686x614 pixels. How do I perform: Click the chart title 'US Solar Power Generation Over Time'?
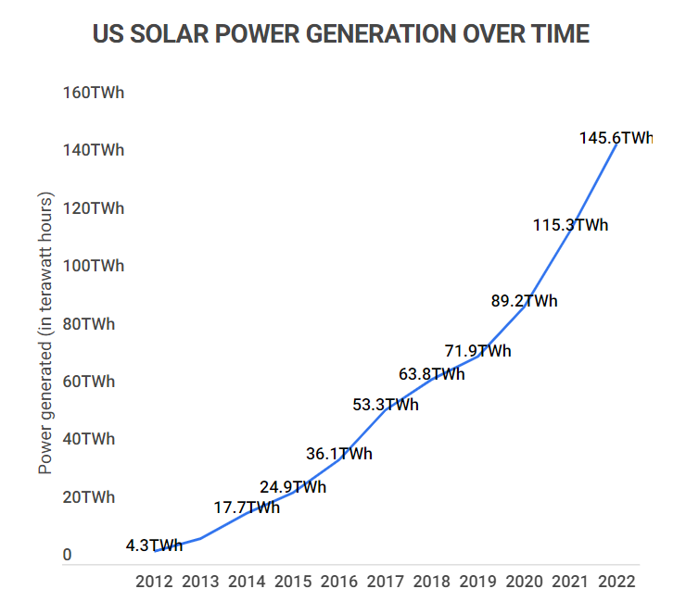tap(341, 34)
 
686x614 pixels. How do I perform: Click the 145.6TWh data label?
tap(616, 138)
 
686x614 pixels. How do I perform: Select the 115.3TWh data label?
tap(570, 225)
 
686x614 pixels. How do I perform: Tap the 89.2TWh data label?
tap(524, 301)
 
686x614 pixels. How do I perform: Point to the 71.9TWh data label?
tap(477, 351)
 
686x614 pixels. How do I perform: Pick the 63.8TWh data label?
tap(431, 374)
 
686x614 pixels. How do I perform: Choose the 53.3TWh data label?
tap(385, 405)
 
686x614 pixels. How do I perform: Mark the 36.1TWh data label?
tap(338, 454)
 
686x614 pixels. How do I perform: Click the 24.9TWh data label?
tap(292, 487)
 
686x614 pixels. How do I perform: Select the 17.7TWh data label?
tap(246, 507)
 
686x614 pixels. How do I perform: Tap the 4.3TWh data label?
tap(154, 545)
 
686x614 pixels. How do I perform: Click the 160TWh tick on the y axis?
tap(93, 93)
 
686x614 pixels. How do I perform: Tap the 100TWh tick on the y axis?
tap(93, 266)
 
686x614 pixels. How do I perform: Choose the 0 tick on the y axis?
tap(67, 555)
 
